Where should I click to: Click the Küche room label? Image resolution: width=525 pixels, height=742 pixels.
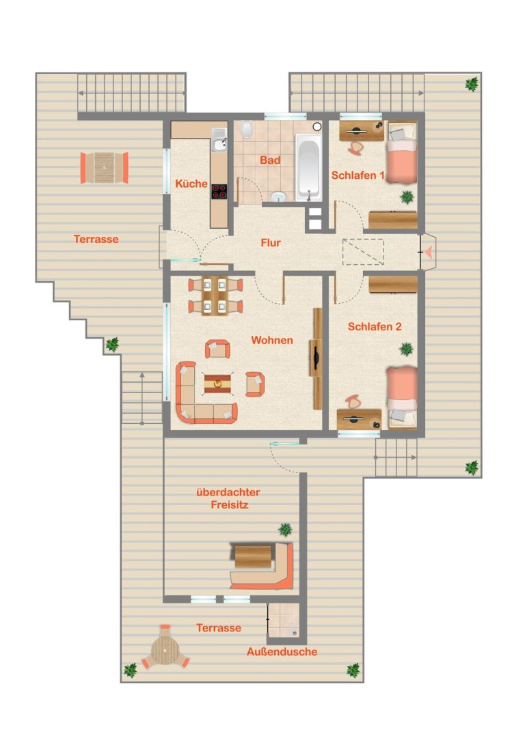pos(191,184)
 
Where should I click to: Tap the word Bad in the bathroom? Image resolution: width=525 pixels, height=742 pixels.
pos(270,160)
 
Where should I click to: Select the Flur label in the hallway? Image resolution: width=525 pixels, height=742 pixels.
pos(271,243)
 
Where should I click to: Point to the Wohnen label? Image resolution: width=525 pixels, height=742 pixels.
pos(272,340)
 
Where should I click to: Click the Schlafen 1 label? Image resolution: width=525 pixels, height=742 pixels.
pos(358,175)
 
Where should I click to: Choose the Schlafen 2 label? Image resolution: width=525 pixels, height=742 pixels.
pos(375,326)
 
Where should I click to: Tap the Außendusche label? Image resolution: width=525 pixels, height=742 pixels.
pos(282,652)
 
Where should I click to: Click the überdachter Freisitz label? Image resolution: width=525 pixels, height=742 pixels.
pos(229,498)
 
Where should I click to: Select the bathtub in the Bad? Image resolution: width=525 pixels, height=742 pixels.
pos(308,167)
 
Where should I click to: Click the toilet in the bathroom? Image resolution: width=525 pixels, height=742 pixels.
pos(246,129)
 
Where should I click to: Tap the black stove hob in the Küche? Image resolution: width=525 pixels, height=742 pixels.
pos(219,192)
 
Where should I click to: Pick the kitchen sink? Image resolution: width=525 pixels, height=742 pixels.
pos(219,139)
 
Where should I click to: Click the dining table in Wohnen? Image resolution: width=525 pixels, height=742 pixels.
pos(215,296)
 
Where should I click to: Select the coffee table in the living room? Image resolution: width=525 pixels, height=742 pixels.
pos(218,384)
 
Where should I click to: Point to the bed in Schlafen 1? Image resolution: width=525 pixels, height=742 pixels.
pos(402,154)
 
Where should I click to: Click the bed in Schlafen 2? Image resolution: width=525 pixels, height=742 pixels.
pos(402,397)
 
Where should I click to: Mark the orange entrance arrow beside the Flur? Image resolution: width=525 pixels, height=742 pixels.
pos(429,252)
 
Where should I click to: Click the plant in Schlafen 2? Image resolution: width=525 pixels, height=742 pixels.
pos(406,349)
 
